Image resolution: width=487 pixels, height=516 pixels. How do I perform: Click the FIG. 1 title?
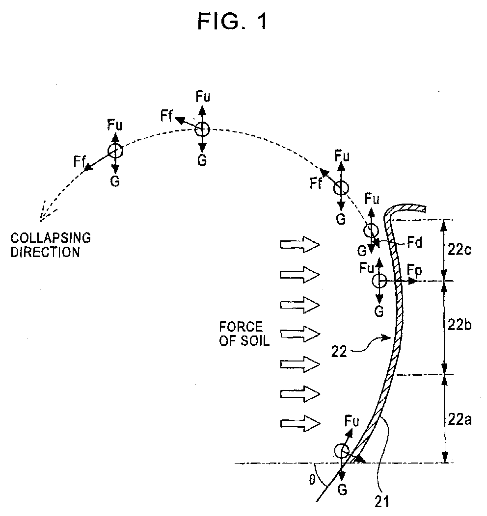[x=233, y=22]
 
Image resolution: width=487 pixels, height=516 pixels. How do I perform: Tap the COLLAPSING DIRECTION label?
[x=51, y=245]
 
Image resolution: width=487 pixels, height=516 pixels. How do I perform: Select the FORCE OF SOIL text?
[x=244, y=334]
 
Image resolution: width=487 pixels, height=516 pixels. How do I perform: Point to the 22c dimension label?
[x=460, y=250]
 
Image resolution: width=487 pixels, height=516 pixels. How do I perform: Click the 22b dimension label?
[x=460, y=325]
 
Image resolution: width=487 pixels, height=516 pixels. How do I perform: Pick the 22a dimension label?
[x=460, y=419]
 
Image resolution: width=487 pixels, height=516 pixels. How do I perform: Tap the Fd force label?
[x=414, y=242]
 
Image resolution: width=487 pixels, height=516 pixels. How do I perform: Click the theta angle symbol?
[x=312, y=480]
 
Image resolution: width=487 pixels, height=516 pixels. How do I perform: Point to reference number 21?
[x=382, y=501]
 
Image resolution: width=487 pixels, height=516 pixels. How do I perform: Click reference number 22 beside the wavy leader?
[x=339, y=352]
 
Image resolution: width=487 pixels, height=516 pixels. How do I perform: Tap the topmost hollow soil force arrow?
[x=299, y=244]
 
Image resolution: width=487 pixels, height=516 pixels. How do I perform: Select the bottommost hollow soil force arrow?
[x=300, y=423]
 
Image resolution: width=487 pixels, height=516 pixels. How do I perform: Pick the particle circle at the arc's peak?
[x=202, y=129]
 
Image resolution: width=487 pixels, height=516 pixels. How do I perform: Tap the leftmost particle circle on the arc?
[x=115, y=151]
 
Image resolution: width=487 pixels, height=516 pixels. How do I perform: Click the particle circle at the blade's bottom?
[x=342, y=451]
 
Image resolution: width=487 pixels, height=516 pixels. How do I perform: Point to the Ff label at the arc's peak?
[x=166, y=116]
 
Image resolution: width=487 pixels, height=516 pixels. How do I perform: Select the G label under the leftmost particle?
[x=115, y=181]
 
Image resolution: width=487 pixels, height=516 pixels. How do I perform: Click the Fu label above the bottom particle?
[x=352, y=421]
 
